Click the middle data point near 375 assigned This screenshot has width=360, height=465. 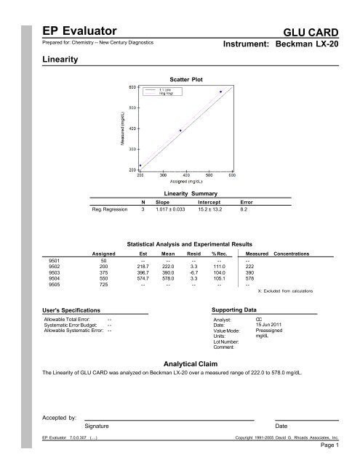click(x=180, y=131)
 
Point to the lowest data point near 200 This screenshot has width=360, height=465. click(x=140, y=166)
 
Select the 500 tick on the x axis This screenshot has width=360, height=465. click(x=209, y=175)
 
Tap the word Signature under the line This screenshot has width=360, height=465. click(x=97, y=425)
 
